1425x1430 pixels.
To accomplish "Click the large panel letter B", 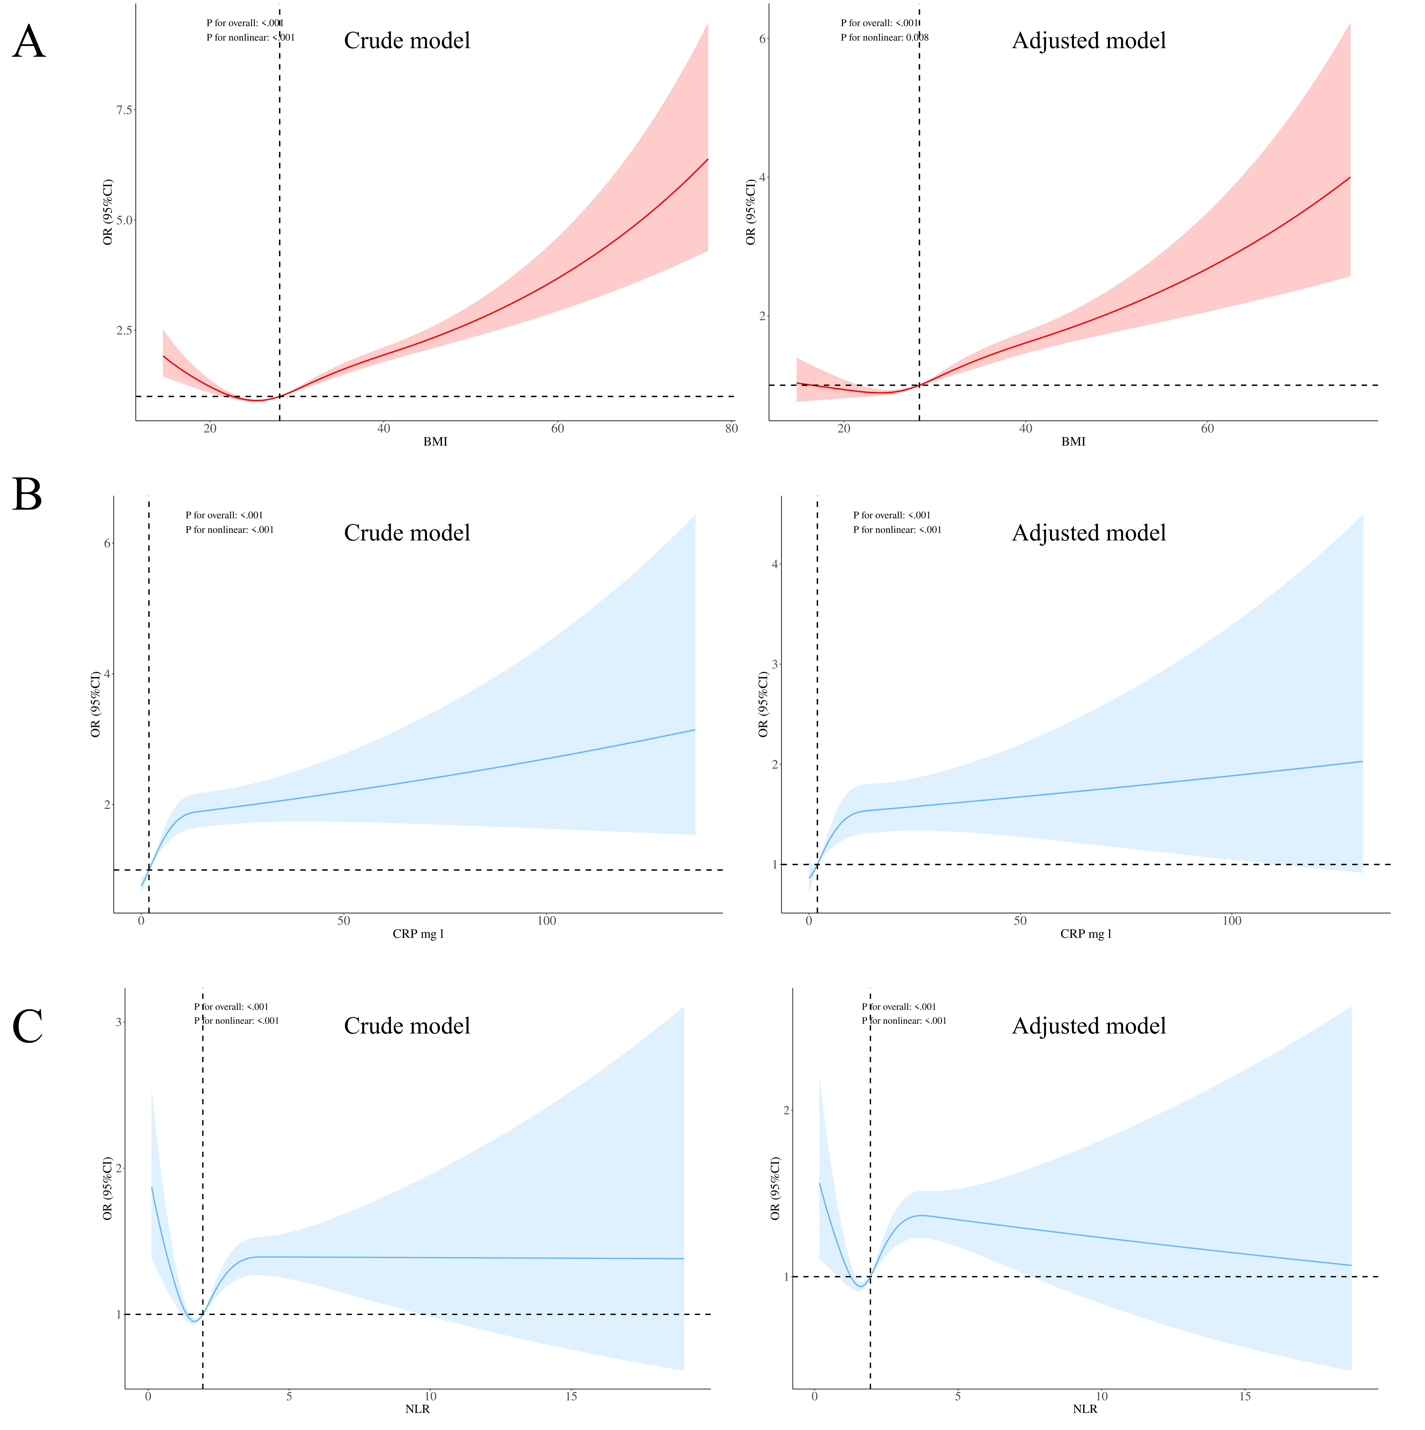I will (x=27, y=494).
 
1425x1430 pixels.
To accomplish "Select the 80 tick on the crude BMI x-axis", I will (x=731, y=429).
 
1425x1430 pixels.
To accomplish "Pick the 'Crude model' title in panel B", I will (x=407, y=533).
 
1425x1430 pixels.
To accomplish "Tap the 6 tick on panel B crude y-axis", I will (x=107, y=543).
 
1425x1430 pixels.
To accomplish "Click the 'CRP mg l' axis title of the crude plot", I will (x=418, y=934).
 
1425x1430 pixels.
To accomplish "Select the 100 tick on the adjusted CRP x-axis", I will (x=1232, y=921).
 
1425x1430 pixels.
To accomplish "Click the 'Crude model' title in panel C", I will (x=407, y=1026).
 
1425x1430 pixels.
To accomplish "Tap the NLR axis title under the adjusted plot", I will (x=1085, y=1409).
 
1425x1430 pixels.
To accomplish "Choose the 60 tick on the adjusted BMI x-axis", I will (x=1207, y=429).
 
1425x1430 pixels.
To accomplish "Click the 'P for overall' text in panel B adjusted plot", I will (x=891, y=515).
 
